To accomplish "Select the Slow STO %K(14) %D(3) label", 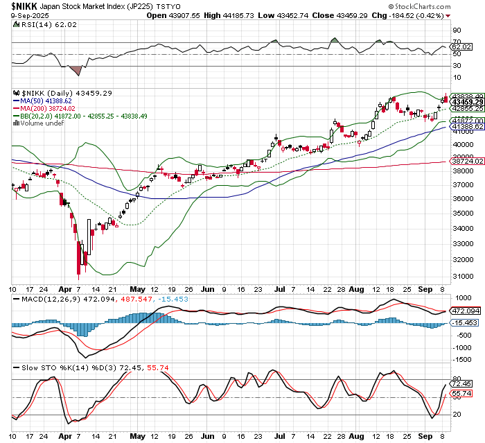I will coord(55,367).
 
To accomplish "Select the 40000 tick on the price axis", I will coord(462,144).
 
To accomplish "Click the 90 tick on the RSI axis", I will coord(457,30).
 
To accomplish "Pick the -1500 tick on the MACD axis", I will coord(461,359).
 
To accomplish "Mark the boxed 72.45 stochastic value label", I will coord(461,383).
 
